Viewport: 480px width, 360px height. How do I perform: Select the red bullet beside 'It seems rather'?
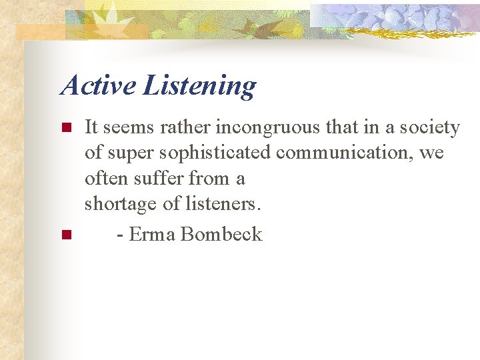coord(65,127)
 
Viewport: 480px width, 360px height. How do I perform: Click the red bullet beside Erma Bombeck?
coord(65,235)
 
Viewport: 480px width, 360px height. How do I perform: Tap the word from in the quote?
coord(207,179)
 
